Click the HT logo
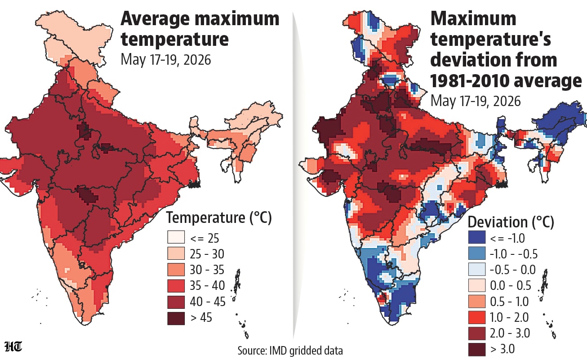(x=13, y=347)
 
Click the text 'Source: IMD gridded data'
(x=290, y=351)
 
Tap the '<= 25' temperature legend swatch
(x=176, y=237)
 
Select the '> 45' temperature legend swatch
(x=176, y=318)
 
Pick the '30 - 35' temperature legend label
(x=207, y=270)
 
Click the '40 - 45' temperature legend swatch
(x=176, y=302)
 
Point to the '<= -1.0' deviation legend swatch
(x=477, y=237)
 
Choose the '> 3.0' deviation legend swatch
(x=477, y=350)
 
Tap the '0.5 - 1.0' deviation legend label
(x=509, y=302)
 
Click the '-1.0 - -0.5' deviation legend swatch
(x=477, y=253)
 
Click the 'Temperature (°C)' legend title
(x=219, y=218)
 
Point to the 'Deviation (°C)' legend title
(x=511, y=222)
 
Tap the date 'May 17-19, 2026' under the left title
(x=165, y=60)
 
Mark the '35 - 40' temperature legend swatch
(x=176, y=286)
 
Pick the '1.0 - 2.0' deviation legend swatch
(x=477, y=317)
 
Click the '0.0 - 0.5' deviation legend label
(x=511, y=285)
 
